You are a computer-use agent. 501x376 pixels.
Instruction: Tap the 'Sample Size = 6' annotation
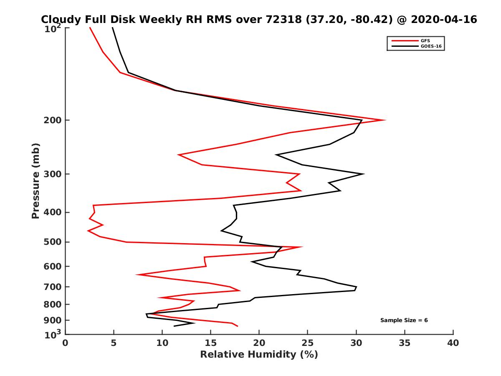coord(404,320)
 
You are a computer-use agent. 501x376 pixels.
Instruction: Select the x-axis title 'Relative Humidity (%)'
coord(259,355)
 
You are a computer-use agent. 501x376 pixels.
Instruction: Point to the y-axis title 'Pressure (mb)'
coord(35,180)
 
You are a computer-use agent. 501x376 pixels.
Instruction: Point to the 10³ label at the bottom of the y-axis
coord(53,334)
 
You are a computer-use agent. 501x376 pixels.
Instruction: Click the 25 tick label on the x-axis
coord(307,343)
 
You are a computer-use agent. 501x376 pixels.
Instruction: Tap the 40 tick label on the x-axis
coord(453,343)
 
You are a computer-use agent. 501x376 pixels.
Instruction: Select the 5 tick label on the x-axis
coord(114,343)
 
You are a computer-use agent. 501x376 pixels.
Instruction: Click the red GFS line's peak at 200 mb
coord(385,120)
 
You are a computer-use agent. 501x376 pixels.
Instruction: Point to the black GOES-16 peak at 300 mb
coord(364,174)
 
